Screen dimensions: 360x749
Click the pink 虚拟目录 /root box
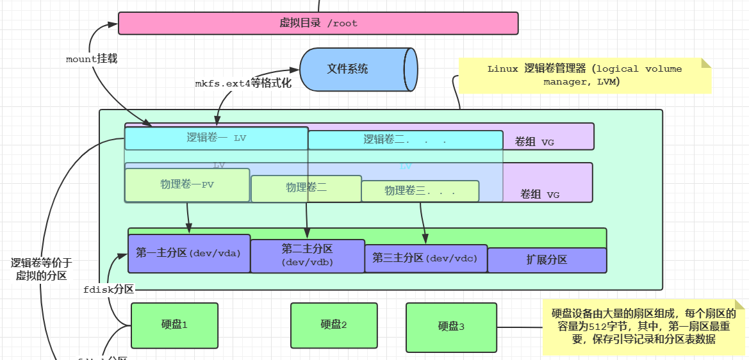tap(318, 23)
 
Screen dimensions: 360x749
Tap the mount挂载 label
tap(92, 58)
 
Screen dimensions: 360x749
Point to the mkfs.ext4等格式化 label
tap(243, 83)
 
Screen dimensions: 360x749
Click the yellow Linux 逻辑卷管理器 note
tap(584, 76)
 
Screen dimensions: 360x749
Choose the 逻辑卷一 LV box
tap(216, 138)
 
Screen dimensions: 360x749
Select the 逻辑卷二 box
tap(405, 140)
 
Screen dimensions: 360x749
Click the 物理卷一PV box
tap(186, 185)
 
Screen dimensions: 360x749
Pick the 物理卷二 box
tap(306, 188)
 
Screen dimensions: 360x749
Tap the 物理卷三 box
tap(420, 191)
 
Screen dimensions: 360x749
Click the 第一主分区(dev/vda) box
tap(188, 253)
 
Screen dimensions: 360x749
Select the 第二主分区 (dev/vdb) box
tap(307, 256)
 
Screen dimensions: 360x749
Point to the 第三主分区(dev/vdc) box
tap(425, 258)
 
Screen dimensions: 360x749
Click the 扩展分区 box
tap(547, 259)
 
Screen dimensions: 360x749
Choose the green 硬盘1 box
tap(174, 325)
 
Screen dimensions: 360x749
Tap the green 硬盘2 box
tap(333, 325)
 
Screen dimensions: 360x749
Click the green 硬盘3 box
tap(451, 327)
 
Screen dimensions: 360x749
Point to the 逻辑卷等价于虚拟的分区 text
tap(41, 269)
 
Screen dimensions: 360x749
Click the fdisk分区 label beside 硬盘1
tap(108, 290)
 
